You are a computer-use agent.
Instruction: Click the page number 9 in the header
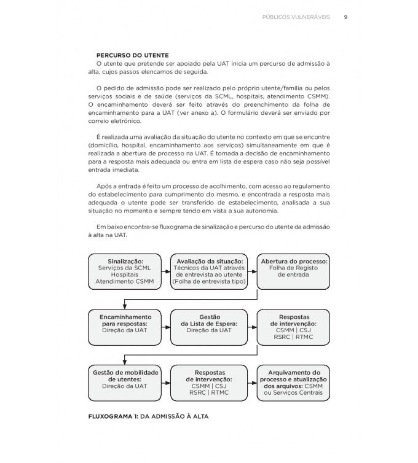(346, 17)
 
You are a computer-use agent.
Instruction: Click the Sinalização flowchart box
(125, 271)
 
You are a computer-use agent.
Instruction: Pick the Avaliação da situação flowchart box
(210, 271)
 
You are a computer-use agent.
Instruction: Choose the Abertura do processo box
(294, 271)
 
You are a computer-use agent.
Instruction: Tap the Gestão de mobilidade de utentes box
(125, 382)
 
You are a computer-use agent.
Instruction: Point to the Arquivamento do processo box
(294, 382)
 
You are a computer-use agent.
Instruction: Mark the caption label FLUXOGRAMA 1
(114, 416)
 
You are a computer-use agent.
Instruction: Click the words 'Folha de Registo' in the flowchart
(294, 268)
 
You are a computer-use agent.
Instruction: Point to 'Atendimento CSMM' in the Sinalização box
(125, 281)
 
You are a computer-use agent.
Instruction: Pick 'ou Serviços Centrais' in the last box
(294, 392)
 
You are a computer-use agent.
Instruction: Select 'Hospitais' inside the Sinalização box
(125, 274)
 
